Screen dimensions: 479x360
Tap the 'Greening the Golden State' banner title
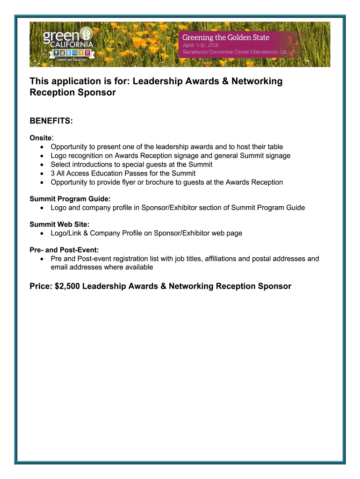coord(225,37)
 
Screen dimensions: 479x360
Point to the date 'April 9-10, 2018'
coord(201,45)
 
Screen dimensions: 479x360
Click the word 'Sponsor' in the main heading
coord(98,93)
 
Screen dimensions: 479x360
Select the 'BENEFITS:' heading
coord(51,121)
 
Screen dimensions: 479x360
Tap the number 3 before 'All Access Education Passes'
coord(53,174)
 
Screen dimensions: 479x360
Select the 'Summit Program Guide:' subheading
coord(70,199)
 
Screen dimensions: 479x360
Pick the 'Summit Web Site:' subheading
coord(59,225)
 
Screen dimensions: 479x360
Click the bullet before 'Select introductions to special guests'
coord(43,165)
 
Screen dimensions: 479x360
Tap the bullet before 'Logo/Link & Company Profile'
coord(43,233)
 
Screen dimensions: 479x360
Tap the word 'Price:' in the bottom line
coord(41,286)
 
